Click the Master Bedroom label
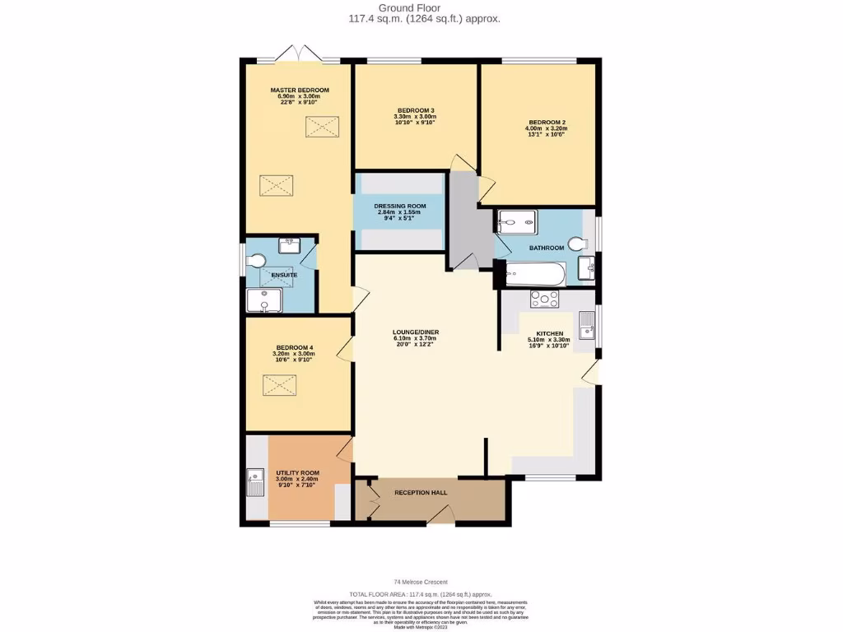[x=300, y=90]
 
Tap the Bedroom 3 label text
[x=416, y=110]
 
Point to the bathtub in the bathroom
[x=535, y=273]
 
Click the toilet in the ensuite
[x=257, y=261]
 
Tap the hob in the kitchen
[x=544, y=300]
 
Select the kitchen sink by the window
[x=586, y=325]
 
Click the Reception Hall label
[x=421, y=492]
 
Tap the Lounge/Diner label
[x=416, y=332]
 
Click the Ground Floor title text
[x=421, y=8]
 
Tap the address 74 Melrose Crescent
[x=421, y=582]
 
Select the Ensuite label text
[x=284, y=275]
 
